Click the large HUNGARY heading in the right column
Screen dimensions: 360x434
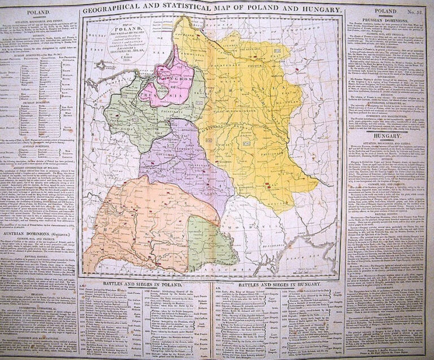pos(389,136)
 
